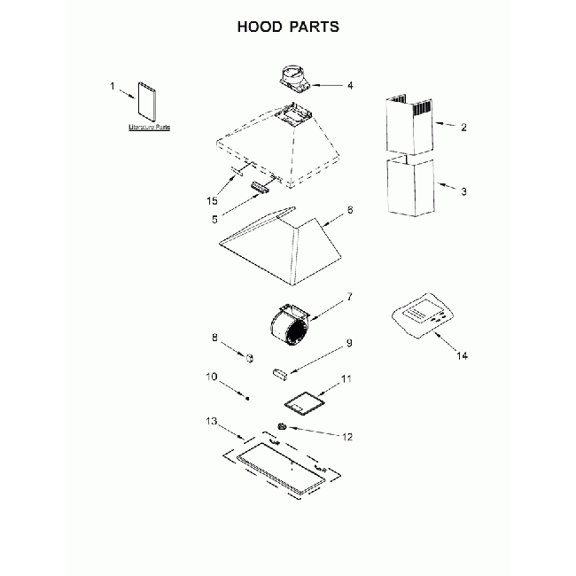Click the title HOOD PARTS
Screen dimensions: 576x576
click(288, 27)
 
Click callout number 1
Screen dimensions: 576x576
click(113, 86)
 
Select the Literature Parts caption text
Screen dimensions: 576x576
click(149, 128)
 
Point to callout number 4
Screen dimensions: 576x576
click(350, 86)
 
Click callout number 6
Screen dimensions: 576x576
click(350, 210)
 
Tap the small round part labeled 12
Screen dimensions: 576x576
click(282, 427)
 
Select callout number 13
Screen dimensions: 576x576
click(210, 421)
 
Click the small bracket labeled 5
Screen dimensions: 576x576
click(260, 186)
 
